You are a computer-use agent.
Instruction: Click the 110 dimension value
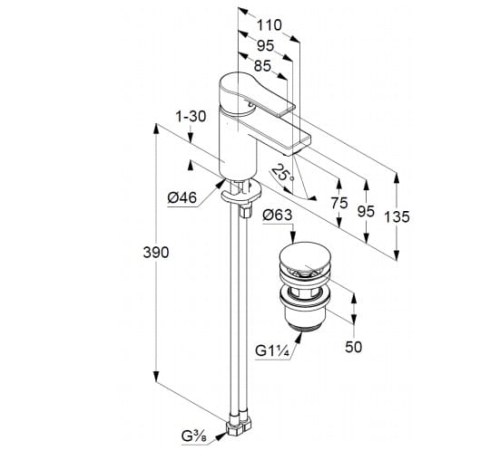(x=269, y=25)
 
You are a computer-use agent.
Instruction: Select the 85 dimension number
(x=263, y=66)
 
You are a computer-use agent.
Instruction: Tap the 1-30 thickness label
(x=191, y=117)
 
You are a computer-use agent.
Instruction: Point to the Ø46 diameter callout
(x=182, y=198)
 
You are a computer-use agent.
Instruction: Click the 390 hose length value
(x=156, y=252)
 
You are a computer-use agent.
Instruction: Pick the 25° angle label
(x=283, y=173)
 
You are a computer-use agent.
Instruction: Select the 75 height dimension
(x=339, y=203)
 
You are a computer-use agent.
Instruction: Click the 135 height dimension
(x=397, y=217)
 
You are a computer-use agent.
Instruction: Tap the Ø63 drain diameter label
(x=277, y=215)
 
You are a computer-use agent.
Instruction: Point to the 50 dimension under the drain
(x=353, y=347)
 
